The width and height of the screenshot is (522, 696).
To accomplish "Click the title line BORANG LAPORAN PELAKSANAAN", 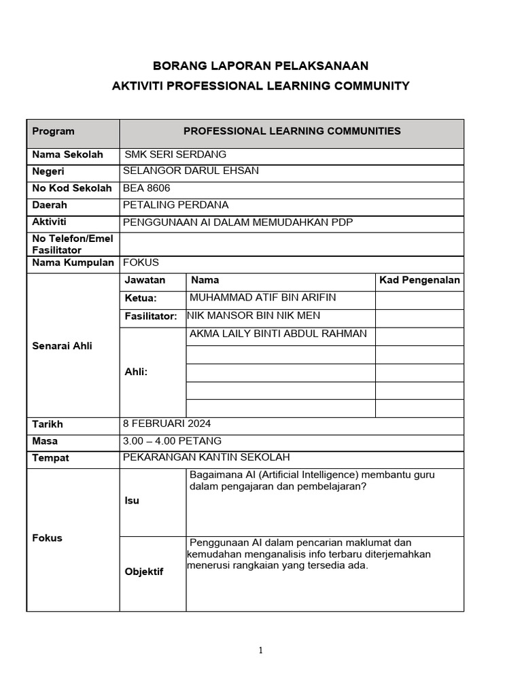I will pyautogui.click(x=260, y=65).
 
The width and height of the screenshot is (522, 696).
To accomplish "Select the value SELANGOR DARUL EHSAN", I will pyautogui.click(x=191, y=171).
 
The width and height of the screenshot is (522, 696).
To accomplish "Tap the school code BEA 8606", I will pyautogui.click(x=147, y=188).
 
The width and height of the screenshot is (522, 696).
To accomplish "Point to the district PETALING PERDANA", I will pyautogui.click(x=175, y=205).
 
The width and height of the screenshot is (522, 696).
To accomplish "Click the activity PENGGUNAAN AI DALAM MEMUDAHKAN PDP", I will pyautogui.click(x=238, y=222).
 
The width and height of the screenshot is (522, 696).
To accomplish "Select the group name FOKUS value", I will pyautogui.click(x=141, y=262).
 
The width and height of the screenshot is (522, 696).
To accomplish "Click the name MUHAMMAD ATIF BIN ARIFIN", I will pyautogui.click(x=262, y=297).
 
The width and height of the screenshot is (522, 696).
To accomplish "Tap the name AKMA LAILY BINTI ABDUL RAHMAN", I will pyautogui.click(x=278, y=333).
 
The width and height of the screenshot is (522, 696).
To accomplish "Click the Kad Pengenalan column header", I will pyautogui.click(x=419, y=280).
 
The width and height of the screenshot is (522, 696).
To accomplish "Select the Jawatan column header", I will pyautogui.click(x=145, y=280).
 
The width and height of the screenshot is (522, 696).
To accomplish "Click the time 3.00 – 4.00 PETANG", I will pyautogui.click(x=172, y=440).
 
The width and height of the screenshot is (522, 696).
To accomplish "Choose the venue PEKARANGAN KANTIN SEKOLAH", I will pyautogui.click(x=207, y=457).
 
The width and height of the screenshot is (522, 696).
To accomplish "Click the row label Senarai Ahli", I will pyautogui.click(x=62, y=346).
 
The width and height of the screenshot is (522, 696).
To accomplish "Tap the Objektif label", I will pyautogui.click(x=144, y=572).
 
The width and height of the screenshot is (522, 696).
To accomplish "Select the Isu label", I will pyautogui.click(x=132, y=500).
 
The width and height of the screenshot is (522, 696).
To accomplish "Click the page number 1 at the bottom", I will pyautogui.click(x=260, y=650).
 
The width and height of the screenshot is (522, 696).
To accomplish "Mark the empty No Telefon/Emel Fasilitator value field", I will pyautogui.click(x=292, y=244).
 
